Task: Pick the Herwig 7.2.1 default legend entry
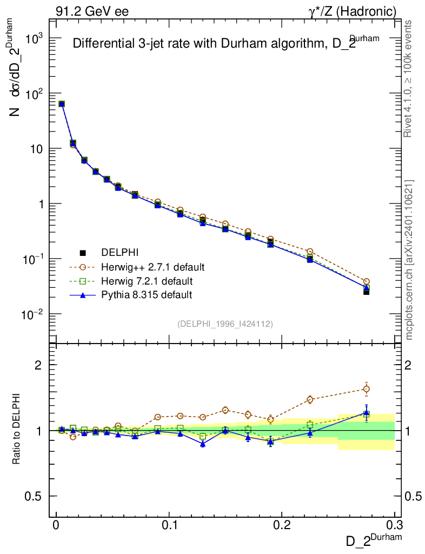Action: click(147, 281)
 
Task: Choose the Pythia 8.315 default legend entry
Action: click(147, 295)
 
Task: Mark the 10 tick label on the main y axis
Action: click(36, 149)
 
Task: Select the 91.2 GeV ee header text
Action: click(92, 11)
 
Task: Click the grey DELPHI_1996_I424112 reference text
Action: click(225, 324)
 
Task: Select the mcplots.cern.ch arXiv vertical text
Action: click(409, 260)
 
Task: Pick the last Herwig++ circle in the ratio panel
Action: click(366, 388)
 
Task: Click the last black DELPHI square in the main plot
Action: click(366, 292)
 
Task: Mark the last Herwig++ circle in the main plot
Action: click(366, 281)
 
